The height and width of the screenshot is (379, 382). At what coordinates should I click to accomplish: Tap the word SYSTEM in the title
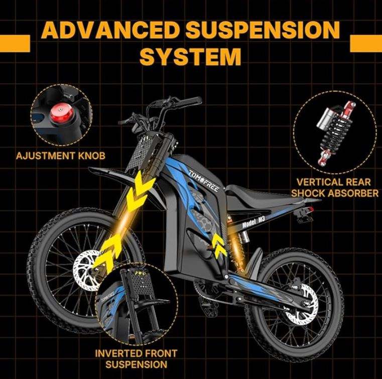click(x=190, y=56)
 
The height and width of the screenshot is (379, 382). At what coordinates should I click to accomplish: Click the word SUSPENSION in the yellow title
click(x=261, y=31)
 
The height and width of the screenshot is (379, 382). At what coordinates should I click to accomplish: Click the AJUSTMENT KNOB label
click(x=61, y=155)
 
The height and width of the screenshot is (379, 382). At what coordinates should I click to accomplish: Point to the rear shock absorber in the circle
click(x=328, y=133)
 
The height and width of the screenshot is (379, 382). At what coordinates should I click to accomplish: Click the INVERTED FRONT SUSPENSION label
click(x=137, y=358)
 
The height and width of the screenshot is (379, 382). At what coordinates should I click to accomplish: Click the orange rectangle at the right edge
click(x=365, y=43)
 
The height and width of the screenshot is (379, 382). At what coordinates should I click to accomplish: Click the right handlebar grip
click(x=189, y=102)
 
